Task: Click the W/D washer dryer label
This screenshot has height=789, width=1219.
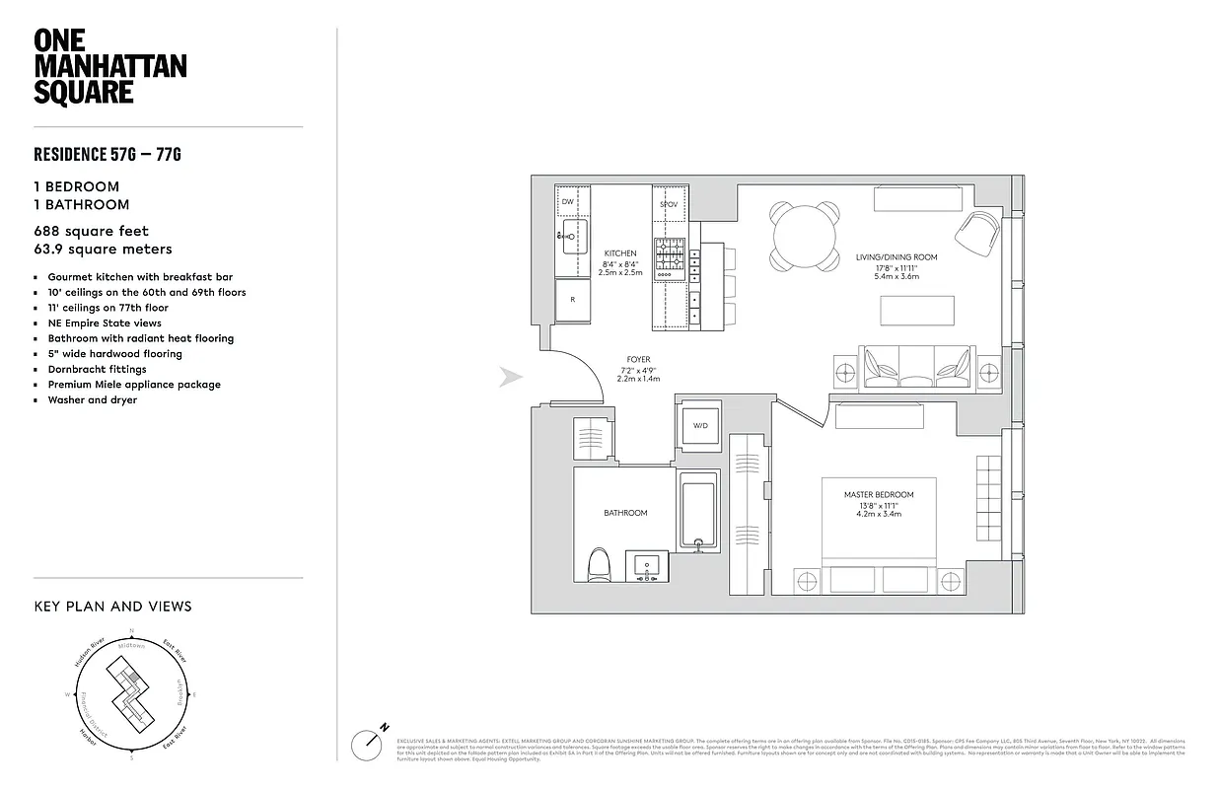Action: pos(700,426)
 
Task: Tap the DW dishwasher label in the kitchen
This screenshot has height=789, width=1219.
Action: pos(568,202)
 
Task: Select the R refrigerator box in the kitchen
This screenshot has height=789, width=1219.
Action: pos(572,300)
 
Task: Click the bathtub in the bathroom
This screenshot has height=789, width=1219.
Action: pos(698,513)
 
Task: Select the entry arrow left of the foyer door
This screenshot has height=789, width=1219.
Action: pos(510,378)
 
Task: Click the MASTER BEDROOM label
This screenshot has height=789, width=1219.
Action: pos(878,495)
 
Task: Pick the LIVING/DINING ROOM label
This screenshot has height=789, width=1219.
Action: pos(896,257)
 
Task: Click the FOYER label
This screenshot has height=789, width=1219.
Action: pos(638,360)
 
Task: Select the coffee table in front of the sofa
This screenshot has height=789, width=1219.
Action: pos(918,310)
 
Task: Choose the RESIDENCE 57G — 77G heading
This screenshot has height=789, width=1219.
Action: pos(108,154)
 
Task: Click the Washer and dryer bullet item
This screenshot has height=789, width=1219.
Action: pos(93,400)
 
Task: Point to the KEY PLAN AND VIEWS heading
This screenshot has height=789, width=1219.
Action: pos(112,607)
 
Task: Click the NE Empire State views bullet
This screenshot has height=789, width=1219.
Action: pos(105,323)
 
